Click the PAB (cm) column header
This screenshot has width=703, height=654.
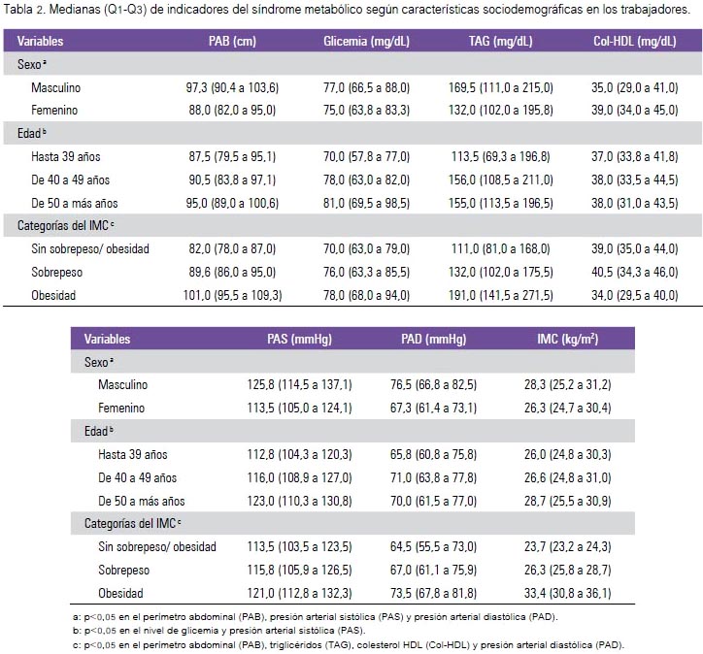tap(232, 41)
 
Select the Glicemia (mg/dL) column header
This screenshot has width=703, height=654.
tap(366, 41)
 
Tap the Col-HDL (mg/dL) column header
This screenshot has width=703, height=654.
tap(634, 41)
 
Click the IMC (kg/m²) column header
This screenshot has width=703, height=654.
tap(568, 339)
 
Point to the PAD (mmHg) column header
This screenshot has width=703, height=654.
tap(433, 339)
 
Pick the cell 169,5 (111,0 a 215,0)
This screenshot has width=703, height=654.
tap(501, 87)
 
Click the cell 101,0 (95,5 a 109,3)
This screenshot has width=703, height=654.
tap(232, 295)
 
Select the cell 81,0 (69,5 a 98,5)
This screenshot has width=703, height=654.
tap(366, 203)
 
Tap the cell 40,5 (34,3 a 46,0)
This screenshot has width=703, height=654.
tap(634, 272)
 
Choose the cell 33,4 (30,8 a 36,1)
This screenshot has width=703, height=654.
tap(568, 593)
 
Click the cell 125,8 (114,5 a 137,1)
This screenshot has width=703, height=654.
tap(299, 384)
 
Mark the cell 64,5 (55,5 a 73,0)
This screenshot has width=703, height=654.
tap(433, 546)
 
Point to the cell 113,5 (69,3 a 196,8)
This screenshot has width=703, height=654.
tap(501, 156)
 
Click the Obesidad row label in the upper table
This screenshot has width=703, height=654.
tap(53, 295)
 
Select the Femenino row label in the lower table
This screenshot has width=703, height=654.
tap(121, 408)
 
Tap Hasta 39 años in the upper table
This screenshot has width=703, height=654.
tap(66, 156)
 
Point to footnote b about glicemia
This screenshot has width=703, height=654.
tap(218, 631)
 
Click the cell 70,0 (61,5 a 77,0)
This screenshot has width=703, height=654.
tap(433, 501)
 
